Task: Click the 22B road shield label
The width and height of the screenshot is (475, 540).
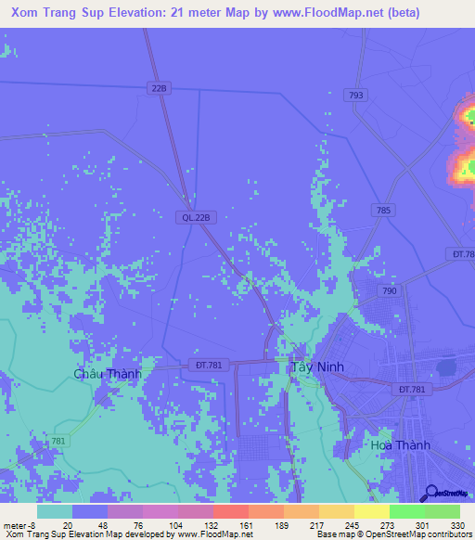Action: (160, 88)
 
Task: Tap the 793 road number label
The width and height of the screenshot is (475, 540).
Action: (353, 96)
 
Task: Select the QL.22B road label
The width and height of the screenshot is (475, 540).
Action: (196, 217)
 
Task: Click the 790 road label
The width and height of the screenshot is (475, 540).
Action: (390, 291)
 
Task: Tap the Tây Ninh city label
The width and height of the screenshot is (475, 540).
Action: (316, 366)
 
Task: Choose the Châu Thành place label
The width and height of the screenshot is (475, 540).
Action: (108, 374)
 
